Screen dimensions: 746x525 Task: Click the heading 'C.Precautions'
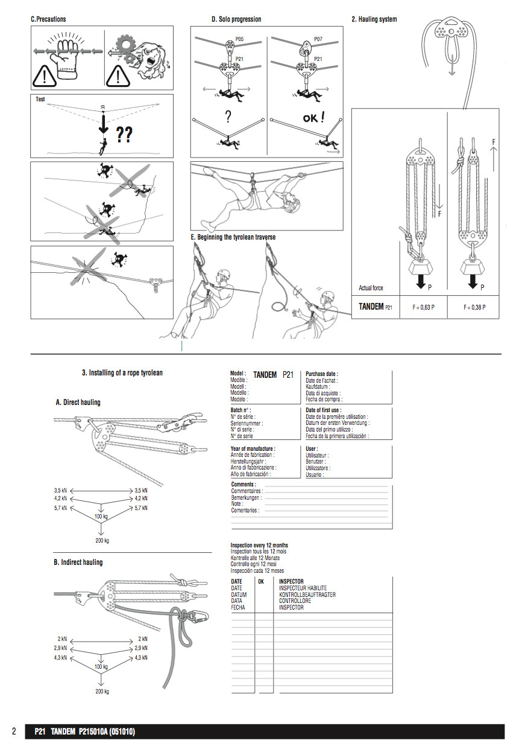point(48,19)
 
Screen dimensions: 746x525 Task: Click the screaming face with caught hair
point(148,57)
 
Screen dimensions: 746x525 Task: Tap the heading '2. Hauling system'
point(374,19)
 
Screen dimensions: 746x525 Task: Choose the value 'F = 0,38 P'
point(474,307)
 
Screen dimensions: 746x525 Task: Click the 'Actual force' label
point(371,288)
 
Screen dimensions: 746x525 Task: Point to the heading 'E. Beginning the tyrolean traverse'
point(233,237)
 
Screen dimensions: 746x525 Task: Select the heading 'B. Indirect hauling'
point(78,562)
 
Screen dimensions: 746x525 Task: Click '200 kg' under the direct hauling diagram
point(102,540)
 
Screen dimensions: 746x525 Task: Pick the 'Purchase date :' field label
point(322,374)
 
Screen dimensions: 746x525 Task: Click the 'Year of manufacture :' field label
point(253,449)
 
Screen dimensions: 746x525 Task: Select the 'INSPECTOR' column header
point(291,581)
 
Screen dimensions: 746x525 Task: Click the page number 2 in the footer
point(13,732)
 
